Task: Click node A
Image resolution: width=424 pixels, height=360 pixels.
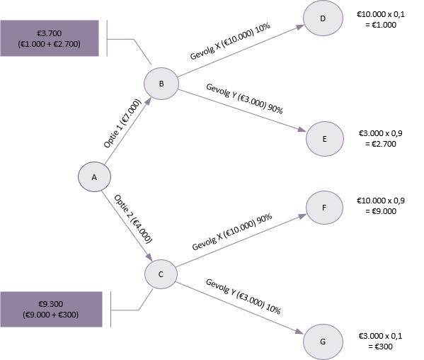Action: (x=94, y=177)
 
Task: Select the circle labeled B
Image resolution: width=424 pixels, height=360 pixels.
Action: (x=161, y=84)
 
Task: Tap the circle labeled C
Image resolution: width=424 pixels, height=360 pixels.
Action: (x=161, y=274)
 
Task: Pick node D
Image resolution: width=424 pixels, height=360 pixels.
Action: (x=323, y=18)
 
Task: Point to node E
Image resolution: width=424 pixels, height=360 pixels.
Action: (x=325, y=139)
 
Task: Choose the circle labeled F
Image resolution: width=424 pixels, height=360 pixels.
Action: (x=324, y=208)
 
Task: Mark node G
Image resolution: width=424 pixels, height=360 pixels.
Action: (x=323, y=342)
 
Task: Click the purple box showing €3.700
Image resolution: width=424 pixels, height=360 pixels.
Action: (x=50, y=38)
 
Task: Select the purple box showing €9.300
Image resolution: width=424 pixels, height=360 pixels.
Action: (x=51, y=309)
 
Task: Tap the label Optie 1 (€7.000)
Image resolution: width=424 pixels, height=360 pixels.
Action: (x=122, y=123)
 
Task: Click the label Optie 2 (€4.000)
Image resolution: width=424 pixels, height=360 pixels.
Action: (x=133, y=219)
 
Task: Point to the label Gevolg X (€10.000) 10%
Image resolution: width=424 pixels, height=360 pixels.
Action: (x=230, y=41)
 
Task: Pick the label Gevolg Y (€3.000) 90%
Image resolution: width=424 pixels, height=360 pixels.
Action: (x=244, y=99)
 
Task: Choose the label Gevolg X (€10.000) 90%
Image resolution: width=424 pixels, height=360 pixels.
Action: (x=232, y=232)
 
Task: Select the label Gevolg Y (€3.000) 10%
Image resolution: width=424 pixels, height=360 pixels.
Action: (x=243, y=297)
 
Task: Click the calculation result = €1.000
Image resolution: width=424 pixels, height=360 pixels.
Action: (x=381, y=25)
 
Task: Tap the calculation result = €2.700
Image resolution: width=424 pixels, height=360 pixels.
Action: (x=381, y=144)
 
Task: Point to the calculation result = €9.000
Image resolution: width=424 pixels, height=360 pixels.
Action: (x=381, y=211)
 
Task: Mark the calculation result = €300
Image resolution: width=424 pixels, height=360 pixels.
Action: (x=381, y=347)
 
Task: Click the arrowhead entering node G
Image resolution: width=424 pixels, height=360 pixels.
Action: (x=299, y=332)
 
